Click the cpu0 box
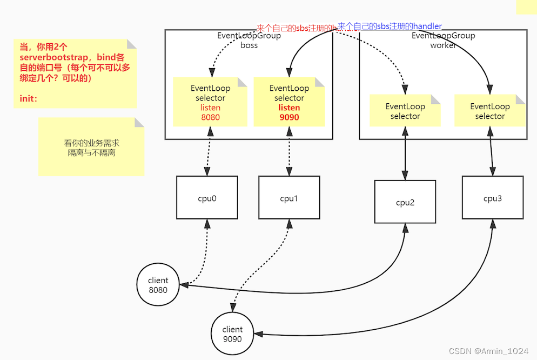(207, 198)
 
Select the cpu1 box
(289, 198)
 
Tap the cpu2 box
(405, 202)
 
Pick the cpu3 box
(492, 198)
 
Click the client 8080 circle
(158, 285)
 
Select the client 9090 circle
(232, 334)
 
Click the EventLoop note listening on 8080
(210, 102)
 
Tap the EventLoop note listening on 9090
(289, 102)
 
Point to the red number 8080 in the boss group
(210, 117)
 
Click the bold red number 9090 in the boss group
(289, 117)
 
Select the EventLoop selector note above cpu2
(405, 111)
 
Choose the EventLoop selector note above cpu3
(490, 111)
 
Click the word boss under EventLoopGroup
(249, 45)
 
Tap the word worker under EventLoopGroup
(443, 45)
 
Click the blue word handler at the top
(427, 26)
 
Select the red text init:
(29, 99)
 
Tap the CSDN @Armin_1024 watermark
(488, 351)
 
